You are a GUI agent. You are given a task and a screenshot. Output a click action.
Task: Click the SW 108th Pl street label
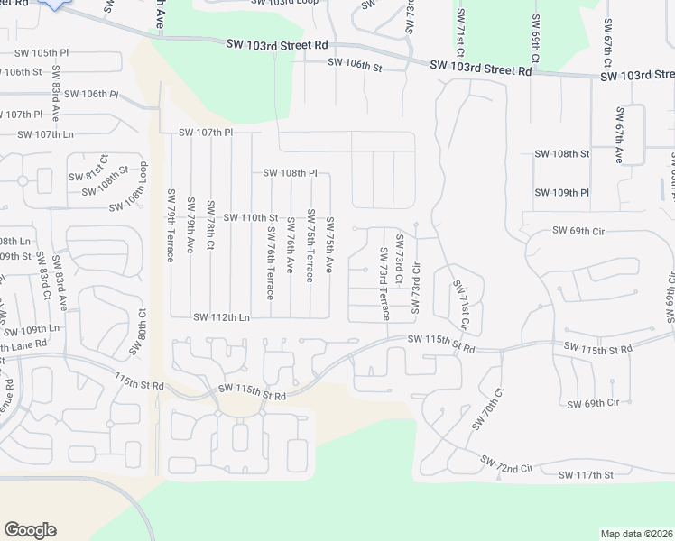tap(291, 172)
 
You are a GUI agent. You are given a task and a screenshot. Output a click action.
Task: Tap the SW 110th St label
tap(250, 217)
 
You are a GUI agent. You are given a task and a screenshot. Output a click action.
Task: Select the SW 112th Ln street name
tap(221, 316)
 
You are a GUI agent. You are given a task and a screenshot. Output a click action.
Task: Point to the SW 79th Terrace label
tap(171, 225)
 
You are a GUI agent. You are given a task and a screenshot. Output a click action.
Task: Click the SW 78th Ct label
tap(210, 225)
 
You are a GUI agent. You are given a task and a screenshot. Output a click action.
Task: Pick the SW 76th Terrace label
tap(270, 263)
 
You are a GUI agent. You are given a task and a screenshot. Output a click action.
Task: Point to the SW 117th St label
tap(586, 474)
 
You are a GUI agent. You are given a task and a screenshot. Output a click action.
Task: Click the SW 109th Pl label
tap(561, 192)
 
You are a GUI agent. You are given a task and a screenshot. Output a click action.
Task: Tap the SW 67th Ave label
tap(620, 135)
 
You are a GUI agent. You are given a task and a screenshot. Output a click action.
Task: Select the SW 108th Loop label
tap(142, 186)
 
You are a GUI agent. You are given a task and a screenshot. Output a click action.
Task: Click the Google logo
tap(31, 529)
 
